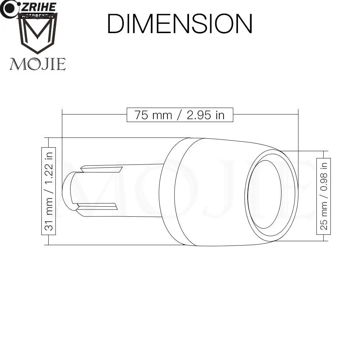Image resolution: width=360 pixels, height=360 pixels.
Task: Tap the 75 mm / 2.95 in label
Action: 180,115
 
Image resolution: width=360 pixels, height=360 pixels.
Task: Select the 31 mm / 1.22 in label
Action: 49,191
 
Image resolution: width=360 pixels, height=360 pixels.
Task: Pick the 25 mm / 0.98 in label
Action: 324,196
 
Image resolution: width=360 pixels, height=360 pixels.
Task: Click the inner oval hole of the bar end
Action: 265,194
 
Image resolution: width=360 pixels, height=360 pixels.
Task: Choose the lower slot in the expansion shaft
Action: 97,207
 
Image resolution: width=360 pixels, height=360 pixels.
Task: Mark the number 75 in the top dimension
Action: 141,115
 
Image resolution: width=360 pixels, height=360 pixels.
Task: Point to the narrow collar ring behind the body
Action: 168,191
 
